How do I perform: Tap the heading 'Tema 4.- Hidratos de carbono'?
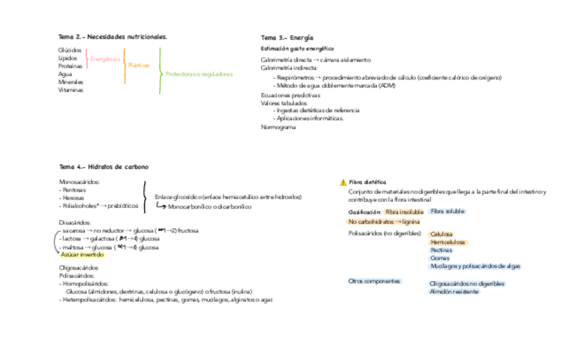click(x=104, y=166)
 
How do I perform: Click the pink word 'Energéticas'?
click(x=105, y=59)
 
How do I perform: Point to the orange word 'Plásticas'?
click(x=139, y=65)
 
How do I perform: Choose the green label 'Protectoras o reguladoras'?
click(x=199, y=73)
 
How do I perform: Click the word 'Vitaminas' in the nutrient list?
click(x=71, y=89)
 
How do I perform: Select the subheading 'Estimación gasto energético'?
click(x=298, y=49)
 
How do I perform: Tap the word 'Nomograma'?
click(x=278, y=127)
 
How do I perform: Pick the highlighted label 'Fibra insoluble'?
click(x=403, y=212)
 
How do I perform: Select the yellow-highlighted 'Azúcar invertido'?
click(x=82, y=255)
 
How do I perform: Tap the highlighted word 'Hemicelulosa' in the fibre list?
click(x=448, y=242)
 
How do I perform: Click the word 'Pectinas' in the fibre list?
click(x=442, y=250)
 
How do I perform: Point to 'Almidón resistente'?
click(x=454, y=291)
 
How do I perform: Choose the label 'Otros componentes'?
click(x=374, y=281)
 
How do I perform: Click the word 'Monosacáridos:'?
click(x=79, y=182)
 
